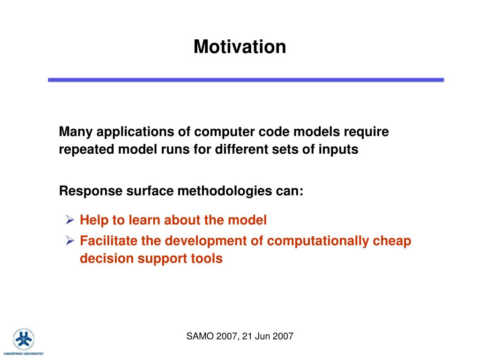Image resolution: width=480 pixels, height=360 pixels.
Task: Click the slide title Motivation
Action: click(x=240, y=46)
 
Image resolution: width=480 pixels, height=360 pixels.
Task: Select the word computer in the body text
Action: click(x=225, y=132)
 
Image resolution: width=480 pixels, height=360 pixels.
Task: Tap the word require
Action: click(x=366, y=132)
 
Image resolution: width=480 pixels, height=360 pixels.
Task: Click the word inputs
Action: click(x=338, y=150)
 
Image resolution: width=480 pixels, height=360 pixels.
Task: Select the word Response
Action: click(x=90, y=191)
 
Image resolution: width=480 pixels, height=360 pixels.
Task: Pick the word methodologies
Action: click(x=225, y=191)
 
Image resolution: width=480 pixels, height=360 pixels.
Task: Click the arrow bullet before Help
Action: click(x=70, y=220)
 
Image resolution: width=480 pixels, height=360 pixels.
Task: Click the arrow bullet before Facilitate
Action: click(x=70, y=240)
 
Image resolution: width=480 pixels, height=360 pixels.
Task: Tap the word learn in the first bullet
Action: click(x=144, y=220)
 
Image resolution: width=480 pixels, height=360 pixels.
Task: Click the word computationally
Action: click(x=318, y=241)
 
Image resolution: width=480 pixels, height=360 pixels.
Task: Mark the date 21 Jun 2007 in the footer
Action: click(x=268, y=337)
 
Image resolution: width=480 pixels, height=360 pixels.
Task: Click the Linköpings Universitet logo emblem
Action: click(x=23, y=340)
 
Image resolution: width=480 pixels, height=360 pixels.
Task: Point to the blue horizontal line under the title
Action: click(x=246, y=80)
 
